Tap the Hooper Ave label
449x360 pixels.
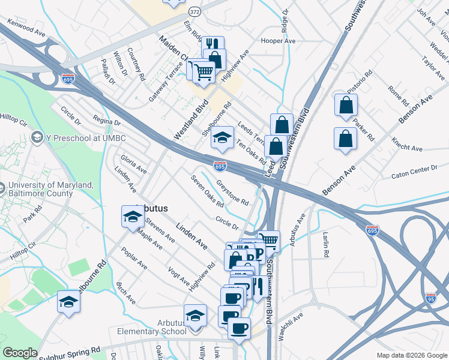[x=278, y=41]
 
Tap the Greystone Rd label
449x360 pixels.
[x=232, y=192]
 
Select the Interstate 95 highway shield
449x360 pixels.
[x=430, y=298]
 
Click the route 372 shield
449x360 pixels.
[x=194, y=11]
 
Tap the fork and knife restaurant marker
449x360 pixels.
[x=212, y=44]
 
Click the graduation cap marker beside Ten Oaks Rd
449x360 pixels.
[x=222, y=137]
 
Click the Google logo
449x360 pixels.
[x=20, y=353]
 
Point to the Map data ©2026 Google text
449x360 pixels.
[x=411, y=355]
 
